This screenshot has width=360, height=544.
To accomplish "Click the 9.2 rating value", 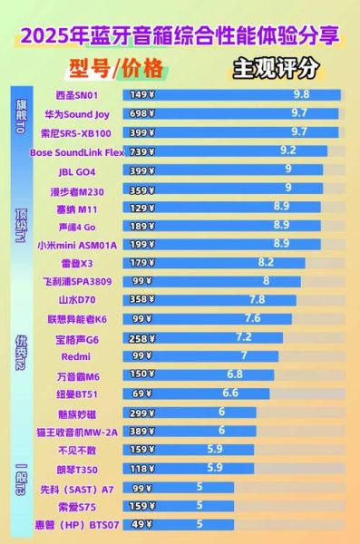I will pos(288,151).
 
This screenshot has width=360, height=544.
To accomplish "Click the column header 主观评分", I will pos(276,67).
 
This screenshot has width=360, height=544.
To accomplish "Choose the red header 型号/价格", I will pos(115,68).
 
